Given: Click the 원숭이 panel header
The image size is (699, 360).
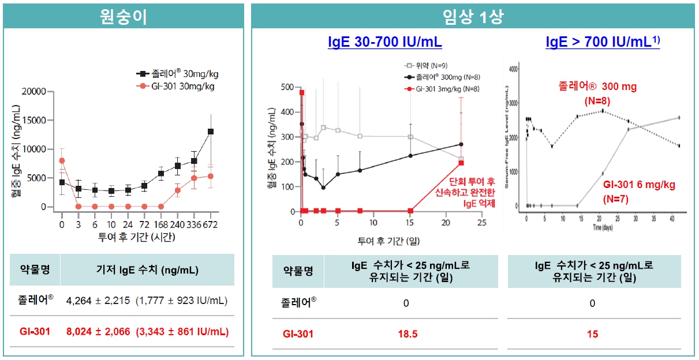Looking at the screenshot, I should (123, 16).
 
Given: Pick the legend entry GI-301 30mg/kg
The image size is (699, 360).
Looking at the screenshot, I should (178, 87).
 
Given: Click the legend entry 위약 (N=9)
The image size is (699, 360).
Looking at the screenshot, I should (424, 65).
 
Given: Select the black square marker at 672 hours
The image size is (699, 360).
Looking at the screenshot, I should (211, 132).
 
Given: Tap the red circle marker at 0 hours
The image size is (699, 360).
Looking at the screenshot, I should (62, 160).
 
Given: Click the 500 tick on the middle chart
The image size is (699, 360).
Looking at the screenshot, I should (286, 87).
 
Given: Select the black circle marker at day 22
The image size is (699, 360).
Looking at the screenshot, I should (461, 145).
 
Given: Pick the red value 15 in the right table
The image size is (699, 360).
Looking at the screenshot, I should (593, 333).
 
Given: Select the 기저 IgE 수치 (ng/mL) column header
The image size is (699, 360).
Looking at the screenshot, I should (147, 269).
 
